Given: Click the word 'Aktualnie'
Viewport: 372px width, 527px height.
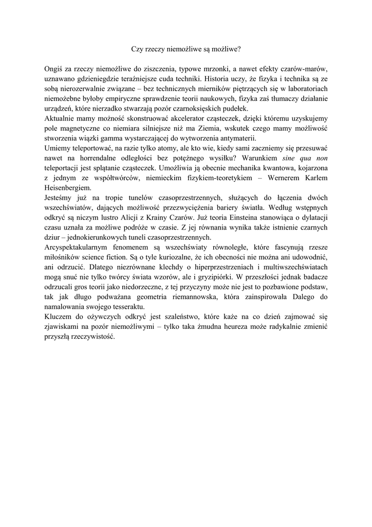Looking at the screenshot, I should (61, 119).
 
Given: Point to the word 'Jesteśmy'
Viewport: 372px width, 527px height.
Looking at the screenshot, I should (60, 198).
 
